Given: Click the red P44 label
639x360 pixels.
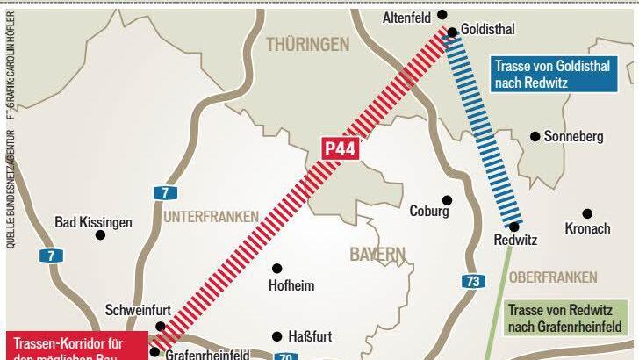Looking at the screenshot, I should click(x=341, y=148).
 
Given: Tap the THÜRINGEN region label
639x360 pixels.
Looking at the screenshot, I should click(x=307, y=44).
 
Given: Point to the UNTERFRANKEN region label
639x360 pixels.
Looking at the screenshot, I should click(x=211, y=216).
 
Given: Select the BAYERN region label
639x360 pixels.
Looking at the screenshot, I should click(x=377, y=255).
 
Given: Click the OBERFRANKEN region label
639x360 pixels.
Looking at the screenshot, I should click(x=553, y=277).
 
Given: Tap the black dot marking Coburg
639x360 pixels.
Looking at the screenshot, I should click(x=447, y=200).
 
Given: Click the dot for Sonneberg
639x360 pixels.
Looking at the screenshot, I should click(x=535, y=136).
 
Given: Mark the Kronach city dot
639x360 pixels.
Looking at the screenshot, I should click(x=587, y=213).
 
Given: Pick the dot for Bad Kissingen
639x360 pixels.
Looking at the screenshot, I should click(x=100, y=235).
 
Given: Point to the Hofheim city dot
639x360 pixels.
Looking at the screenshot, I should click(x=277, y=268).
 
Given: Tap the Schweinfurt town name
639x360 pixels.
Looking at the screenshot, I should click(x=138, y=310).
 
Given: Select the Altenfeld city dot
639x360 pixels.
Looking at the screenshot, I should click(x=442, y=15).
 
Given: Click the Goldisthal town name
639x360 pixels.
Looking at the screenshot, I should click(x=488, y=30).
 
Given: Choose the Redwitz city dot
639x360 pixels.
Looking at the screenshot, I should click(x=514, y=227).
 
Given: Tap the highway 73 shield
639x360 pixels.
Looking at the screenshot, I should click(x=473, y=281).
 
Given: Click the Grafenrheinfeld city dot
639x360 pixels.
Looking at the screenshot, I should click(x=154, y=352).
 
